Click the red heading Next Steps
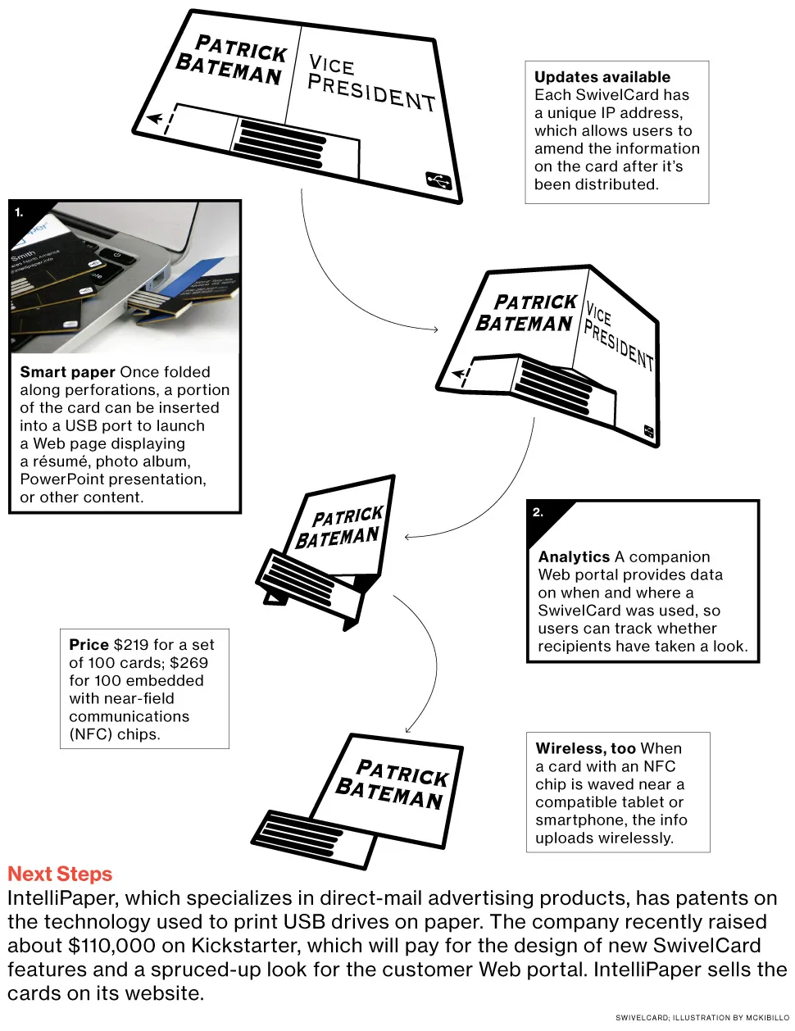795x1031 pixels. (60, 874)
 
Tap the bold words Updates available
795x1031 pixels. (602, 77)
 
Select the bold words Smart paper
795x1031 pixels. (67, 372)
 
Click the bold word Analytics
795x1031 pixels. (574, 557)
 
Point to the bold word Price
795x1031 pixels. (89, 645)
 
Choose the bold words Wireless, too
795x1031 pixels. (585, 748)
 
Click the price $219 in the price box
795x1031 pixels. (131, 645)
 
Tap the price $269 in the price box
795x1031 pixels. (189, 663)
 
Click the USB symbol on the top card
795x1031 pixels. (438, 180)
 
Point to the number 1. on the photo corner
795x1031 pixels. (19, 212)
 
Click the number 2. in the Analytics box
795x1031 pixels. (538, 512)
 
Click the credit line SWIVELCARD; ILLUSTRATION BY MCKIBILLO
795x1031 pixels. (702, 1018)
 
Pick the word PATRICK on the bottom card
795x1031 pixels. (402, 772)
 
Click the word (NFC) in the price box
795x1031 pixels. (90, 734)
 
